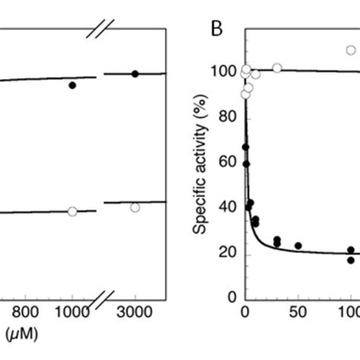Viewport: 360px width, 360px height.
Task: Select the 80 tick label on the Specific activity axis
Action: (227, 117)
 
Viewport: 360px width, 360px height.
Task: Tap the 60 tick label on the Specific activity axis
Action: (227, 162)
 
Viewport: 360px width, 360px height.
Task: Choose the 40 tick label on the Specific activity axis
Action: (227, 207)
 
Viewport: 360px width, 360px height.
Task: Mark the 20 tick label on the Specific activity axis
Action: (227, 253)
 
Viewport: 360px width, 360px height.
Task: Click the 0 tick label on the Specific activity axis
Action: (231, 298)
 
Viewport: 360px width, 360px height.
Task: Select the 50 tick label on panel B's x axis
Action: (298, 312)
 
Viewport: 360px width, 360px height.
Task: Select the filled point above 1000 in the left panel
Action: (72, 85)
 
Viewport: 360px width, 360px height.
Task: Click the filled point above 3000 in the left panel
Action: (135, 74)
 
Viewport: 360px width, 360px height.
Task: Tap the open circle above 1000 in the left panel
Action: (72, 211)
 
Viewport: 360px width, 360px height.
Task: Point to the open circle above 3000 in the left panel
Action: (135, 207)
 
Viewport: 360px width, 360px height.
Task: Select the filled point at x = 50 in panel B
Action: (298, 246)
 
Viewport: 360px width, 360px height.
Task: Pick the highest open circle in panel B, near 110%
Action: (351, 50)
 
